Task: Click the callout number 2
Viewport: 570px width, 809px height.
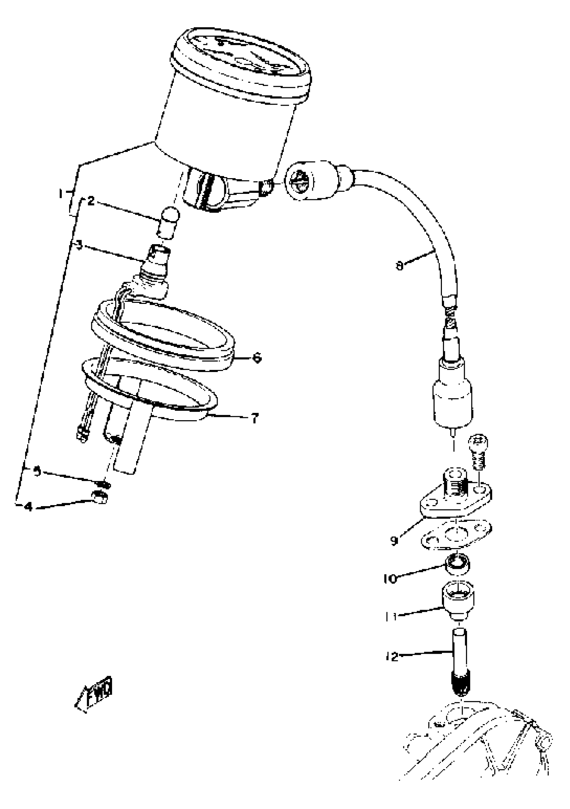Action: pyautogui.click(x=91, y=202)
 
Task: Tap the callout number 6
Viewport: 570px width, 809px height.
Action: pyautogui.click(x=257, y=358)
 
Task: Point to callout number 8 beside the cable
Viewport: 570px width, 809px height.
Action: pyautogui.click(x=399, y=266)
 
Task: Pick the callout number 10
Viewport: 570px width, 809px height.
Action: pyautogui.click(x=390, y=579)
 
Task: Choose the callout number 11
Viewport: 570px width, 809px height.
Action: pyautogui.click(x=391, y=617)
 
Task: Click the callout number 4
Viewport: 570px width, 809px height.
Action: pyautogui.click(x=28, y=507)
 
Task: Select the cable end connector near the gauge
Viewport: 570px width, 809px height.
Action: pyautogui.click(x=310, y=181)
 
